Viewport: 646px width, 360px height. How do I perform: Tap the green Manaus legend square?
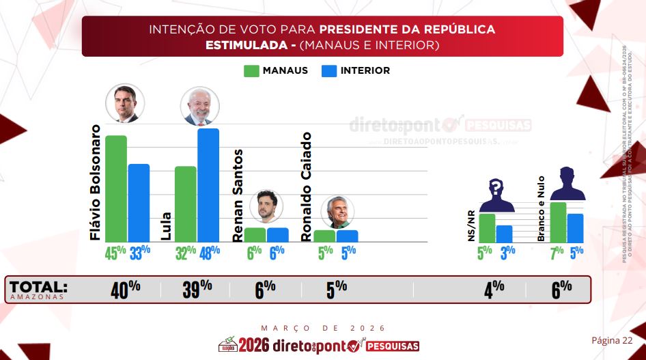coord(251,70)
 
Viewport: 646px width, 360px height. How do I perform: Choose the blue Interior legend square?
coord(328,70)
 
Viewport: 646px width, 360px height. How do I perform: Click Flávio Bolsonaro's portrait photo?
coord(125,104)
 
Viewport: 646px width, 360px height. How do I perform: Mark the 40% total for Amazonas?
coord(126,289)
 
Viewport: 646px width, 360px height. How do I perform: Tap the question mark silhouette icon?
coord(496,194)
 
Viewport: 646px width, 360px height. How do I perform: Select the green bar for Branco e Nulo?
coord(558,221)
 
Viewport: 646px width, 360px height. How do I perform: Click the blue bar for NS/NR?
coord(504,234)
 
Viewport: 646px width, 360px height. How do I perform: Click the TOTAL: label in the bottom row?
coord(38,287)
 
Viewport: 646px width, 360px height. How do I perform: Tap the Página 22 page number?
coord(612,340)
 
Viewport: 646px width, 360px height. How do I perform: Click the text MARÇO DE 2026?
coord(323,328)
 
